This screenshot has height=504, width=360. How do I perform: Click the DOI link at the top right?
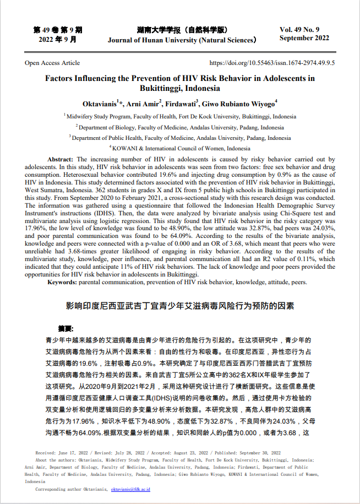[x=272, y=63]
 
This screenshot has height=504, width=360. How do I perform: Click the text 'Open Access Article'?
[x=52, y=63]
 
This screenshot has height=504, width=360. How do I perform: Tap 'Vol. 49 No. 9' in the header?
[x=303, y=29]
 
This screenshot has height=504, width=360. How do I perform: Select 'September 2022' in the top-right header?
[x=304, y=38]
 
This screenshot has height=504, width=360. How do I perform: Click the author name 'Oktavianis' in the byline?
[x=99, y=104]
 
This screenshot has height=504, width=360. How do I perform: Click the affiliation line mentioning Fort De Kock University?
[x=180, y=117]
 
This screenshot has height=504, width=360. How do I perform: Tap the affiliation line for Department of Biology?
[x=180, y=127]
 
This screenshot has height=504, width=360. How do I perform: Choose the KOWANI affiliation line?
[x=180, y=148]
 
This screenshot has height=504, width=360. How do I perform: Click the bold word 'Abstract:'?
[x=61, y=159]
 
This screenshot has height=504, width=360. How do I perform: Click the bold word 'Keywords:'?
[x=65, y=281]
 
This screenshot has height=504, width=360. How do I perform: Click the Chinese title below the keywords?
[x=180, y=305]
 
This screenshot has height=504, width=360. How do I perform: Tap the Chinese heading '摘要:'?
[x=66, y=328]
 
